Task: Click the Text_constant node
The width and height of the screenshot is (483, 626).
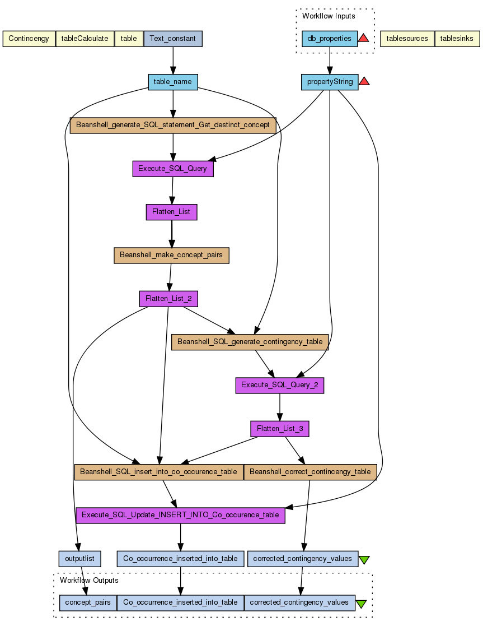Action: pos(173,39)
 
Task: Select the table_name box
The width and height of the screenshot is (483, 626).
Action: pos(172,82)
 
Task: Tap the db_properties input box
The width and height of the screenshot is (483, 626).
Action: pos(329,39)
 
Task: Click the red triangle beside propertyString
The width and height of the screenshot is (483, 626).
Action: pos(364,81)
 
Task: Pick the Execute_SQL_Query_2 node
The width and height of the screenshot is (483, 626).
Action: pos(280,386)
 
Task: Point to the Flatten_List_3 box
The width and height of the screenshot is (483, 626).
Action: pos(280,429)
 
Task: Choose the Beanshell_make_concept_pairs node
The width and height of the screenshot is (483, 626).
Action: pos(171,255)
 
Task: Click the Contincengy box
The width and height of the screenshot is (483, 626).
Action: pos(29,39)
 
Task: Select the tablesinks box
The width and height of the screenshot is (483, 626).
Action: pos(457,39)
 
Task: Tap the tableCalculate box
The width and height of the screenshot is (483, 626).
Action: pos(85,39)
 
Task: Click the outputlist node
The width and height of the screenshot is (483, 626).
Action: pos(79,558)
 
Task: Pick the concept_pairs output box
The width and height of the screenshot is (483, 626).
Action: pos(88,602)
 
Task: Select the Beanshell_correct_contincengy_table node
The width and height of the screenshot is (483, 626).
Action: pos(310,472)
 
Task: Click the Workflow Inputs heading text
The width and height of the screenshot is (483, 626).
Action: pos(329,16)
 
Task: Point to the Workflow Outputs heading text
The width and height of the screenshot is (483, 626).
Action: pos(89,581)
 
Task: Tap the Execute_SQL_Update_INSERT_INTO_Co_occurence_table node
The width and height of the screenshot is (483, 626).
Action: pos(180,515)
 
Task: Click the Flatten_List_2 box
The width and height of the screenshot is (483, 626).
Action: pos(168,299)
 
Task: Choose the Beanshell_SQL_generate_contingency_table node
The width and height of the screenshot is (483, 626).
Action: pos(250,342)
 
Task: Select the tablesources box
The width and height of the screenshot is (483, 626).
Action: pos(407,39)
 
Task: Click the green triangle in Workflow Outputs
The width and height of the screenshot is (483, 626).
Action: pos(361,604)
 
